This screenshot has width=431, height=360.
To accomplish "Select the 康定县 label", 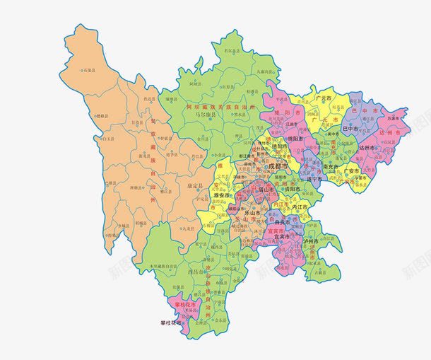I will [194, 187].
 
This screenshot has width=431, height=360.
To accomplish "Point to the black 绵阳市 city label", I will [295, 139].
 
